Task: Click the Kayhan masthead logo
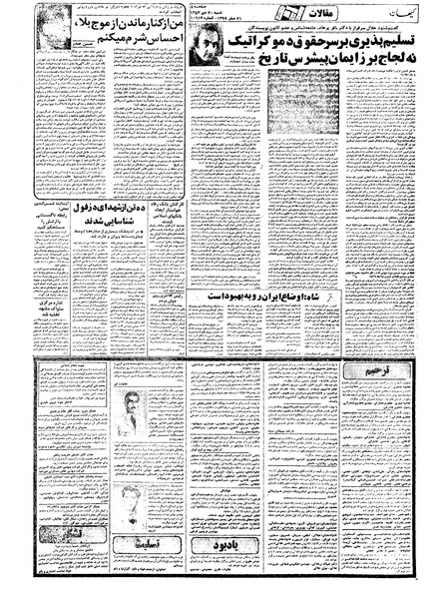pos(398,15)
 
